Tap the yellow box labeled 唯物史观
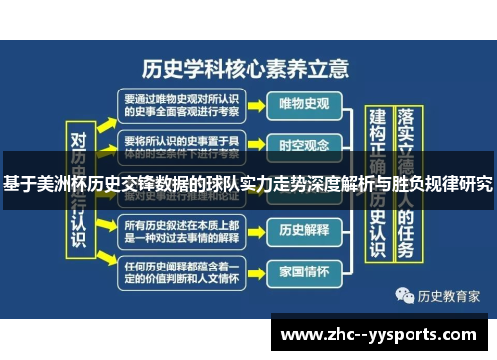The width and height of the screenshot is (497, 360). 305,103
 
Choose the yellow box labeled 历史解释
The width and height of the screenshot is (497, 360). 305,229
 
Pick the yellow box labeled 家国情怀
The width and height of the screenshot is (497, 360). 305,270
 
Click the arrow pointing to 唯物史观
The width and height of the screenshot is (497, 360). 255,104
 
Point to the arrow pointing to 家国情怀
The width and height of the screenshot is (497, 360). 255,271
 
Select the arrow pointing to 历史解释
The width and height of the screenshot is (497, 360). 255,230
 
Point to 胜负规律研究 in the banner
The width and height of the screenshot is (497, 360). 437,183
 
